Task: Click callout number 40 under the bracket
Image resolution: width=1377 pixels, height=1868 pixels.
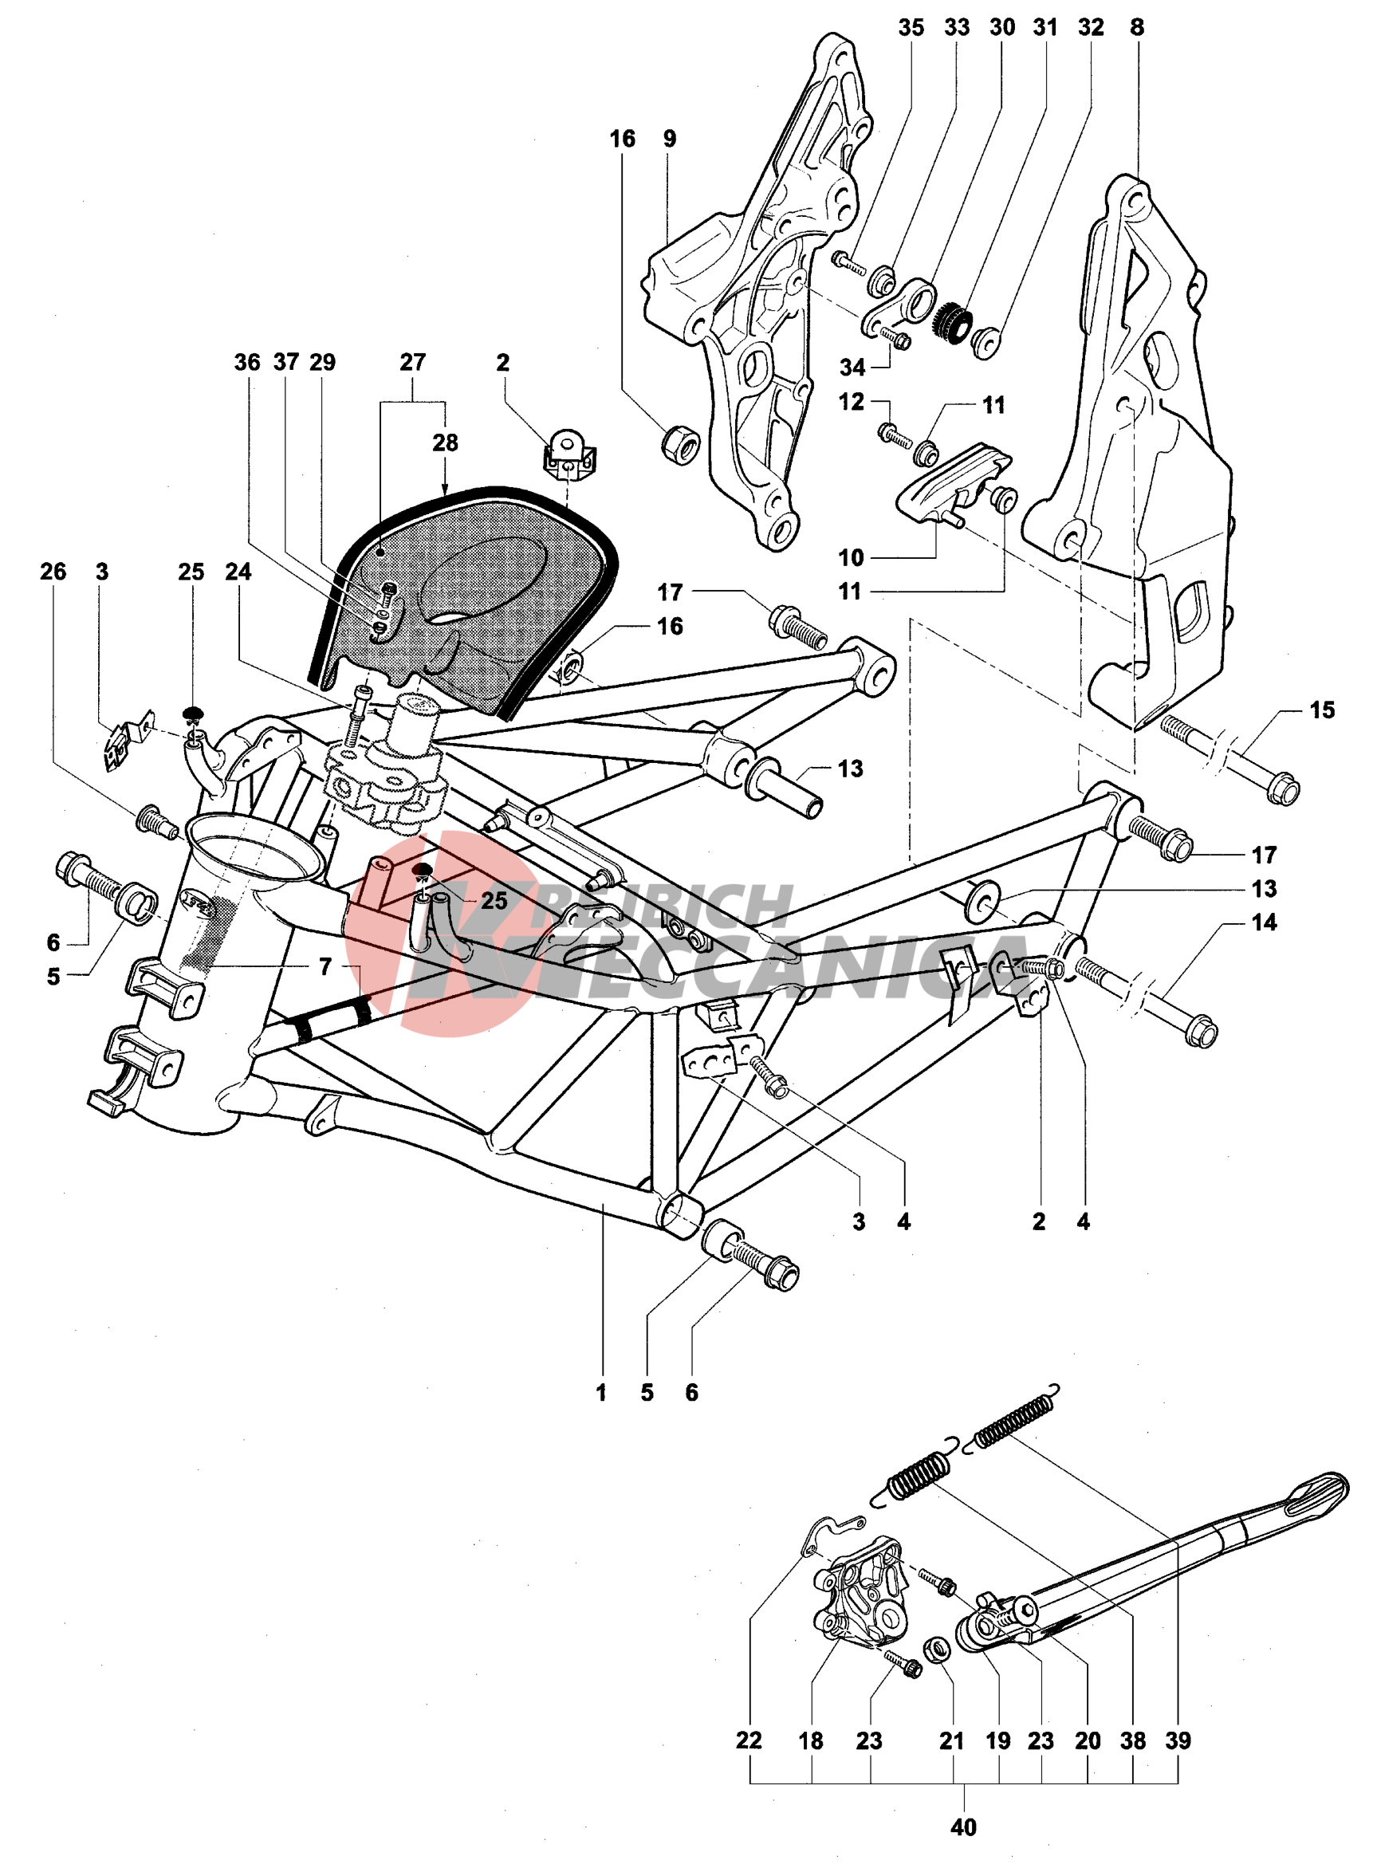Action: tap(962, 1827)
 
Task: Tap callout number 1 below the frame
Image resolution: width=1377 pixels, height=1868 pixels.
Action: tap(600, 1393)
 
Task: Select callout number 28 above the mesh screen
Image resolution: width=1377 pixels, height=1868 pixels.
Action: tap(445, 442)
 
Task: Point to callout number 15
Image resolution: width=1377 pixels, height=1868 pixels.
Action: tap(1322, 710)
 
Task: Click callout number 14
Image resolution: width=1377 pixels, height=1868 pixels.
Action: tap(1264, 922)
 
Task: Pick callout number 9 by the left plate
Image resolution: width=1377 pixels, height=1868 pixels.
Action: tap(669, 139)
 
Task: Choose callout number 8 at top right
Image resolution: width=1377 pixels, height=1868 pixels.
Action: tap(1137, 28)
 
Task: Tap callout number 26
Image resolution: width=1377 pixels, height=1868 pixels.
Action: tap(53, 571)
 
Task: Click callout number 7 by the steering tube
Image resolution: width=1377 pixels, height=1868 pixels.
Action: tap(325, 966)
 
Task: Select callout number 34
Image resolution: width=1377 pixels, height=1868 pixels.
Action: tap(852, 367)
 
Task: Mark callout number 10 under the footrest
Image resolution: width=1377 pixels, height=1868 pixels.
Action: tap(851, 556)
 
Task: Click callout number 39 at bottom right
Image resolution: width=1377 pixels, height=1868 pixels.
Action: tap(1178, 1740)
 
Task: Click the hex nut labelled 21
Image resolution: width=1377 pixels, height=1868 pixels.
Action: tap(938, 1648)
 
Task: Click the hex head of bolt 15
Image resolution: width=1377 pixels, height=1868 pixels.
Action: tap(1285, 788)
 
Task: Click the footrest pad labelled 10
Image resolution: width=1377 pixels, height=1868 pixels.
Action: tap(950, 483)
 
